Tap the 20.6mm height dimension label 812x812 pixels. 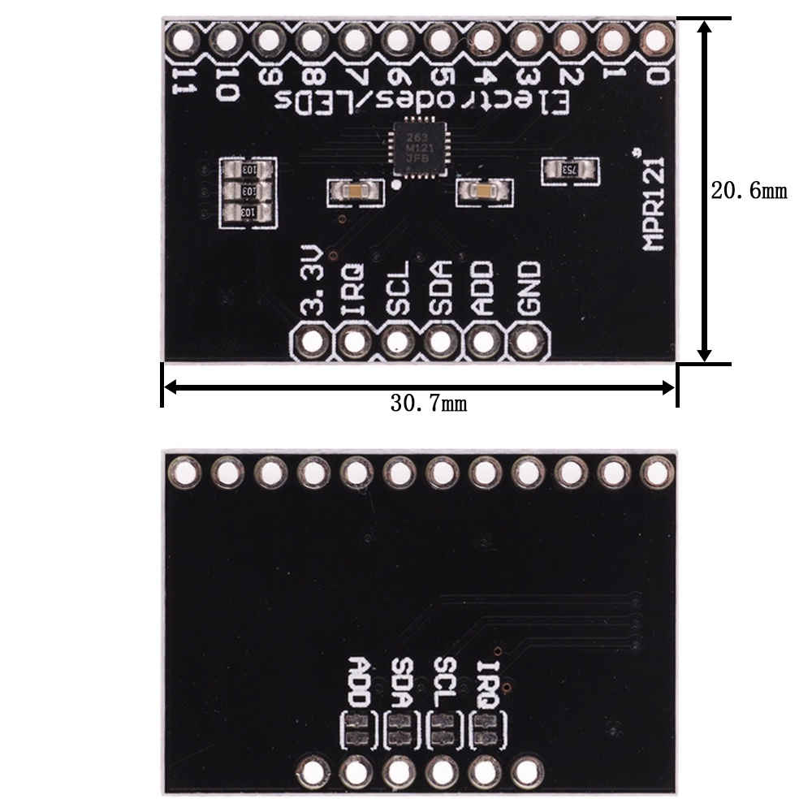pos(749,191)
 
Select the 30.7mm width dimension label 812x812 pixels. pos(428,404)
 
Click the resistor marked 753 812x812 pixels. pos(572,169)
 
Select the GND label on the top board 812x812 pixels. pos(529,289)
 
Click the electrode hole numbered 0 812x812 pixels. pos(657,37)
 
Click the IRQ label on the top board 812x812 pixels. pos(354,289)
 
